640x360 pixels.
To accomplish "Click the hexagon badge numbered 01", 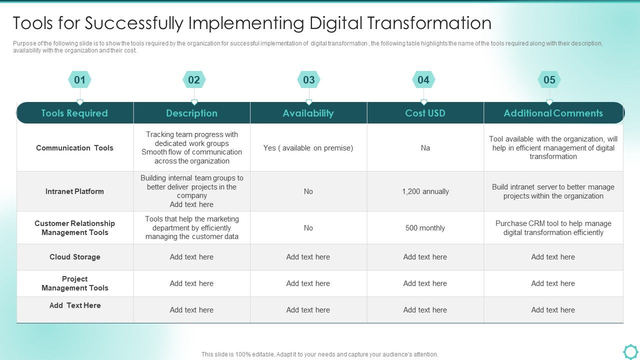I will [x=79, y=80].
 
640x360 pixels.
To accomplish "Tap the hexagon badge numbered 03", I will [x=309, y=80].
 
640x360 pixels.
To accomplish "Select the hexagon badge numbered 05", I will [x=549, y=80].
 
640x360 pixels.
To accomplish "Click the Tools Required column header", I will [x=74, y=113].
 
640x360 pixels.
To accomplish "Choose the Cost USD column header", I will [x=425, y=113].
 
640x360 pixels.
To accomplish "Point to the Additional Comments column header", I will [x=553, y=113].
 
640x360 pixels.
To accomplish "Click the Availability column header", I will [x=308, y=113].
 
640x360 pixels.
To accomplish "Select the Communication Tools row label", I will [x=74, y=148].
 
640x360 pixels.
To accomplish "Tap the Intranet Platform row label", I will [x=74, y=191].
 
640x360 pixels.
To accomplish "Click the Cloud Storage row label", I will [x=74, y=257].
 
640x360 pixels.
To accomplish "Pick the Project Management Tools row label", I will [x=74, y=283].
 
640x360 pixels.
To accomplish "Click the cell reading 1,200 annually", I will [x=425, y=191].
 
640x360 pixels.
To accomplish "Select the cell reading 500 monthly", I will [x=425, y=228].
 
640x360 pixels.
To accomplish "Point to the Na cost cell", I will [x=425, y=148].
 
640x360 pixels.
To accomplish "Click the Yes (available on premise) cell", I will [x=308, y=148].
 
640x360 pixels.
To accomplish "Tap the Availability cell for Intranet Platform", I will [x=308, y=191].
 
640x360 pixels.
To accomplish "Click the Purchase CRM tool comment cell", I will [x=553, y=228].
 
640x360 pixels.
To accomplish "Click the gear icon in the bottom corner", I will [x=630, y=351].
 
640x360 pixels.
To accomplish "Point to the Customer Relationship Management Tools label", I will [x=74, y=228].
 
